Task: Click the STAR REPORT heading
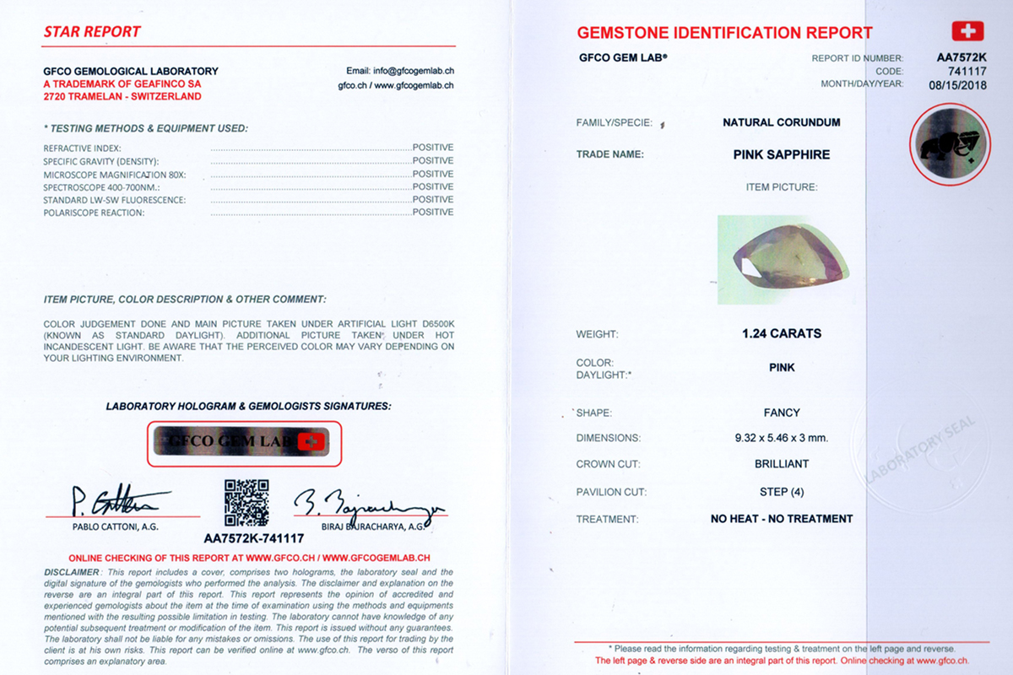pos(92,32)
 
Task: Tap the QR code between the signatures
pos(246,502)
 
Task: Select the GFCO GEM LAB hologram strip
pos(245,442)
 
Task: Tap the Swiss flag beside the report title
pos(967,32)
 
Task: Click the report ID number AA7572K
pos(962,58)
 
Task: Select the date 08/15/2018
pos(957,84)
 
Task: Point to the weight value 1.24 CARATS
pos(782,333)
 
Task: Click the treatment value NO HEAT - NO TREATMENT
pos(782,519)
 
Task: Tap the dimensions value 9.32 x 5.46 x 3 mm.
pos(782,438)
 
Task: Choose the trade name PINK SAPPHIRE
pos(782,154)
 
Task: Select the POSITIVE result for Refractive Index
pos(433,148)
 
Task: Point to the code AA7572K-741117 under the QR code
pos(254,537)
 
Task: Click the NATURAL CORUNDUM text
pos(782,122)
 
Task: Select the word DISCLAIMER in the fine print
pos(72,572)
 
